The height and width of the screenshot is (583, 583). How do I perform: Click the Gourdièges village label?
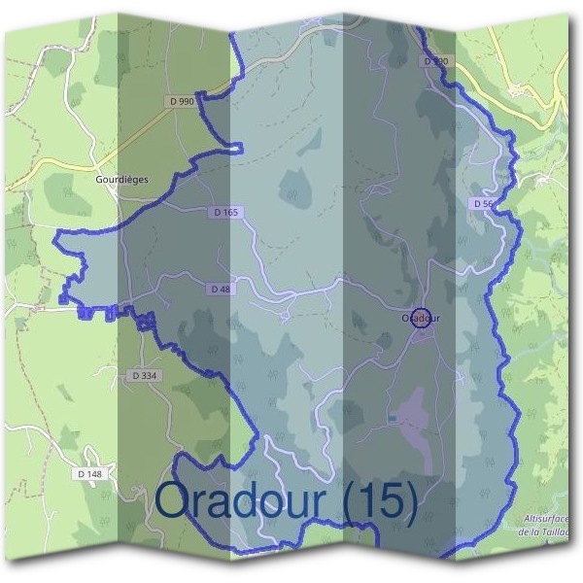tap(122, 179)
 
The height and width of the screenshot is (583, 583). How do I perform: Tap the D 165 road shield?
tap(223, 212)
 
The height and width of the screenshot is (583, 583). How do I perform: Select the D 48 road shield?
tap(219, 289)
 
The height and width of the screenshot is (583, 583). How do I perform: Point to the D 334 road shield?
tap(143, 375)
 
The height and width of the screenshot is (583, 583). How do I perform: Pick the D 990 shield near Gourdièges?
tap(180, 100)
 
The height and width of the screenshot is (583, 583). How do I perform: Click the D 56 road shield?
tap(484, 204)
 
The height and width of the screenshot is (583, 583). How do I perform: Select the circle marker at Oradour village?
tap(421, 318)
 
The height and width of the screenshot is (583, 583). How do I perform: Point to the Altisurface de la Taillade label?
tap(544, 526)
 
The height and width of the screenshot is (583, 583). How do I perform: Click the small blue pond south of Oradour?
tap(392, 418)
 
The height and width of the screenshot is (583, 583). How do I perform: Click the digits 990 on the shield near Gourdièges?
tap(185, 100)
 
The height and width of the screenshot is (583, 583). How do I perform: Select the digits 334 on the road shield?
tap(148, 375)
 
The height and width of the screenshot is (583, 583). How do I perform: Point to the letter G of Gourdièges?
tap(100, 179)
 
